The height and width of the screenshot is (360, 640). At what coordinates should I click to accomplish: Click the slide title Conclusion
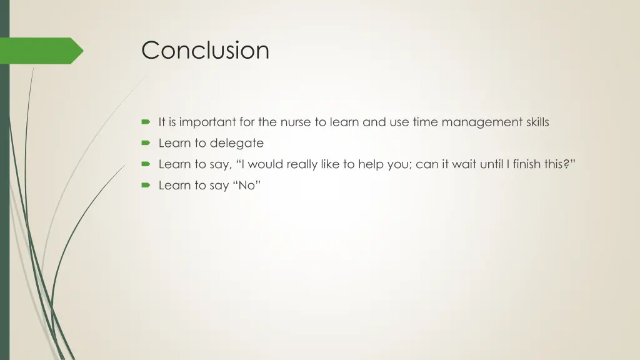[205, 50]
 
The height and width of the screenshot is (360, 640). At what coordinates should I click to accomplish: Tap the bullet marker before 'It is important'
[146, 122]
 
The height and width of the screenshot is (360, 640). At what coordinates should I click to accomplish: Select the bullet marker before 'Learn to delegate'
[146, 143]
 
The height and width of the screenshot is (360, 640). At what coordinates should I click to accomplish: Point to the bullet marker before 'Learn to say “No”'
[146, 186]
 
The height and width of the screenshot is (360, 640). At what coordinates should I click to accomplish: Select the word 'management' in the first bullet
[482, 122]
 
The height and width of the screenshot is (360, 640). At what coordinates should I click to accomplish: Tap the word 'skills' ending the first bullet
[537, 122]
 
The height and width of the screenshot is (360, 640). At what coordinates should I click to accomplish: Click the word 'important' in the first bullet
[204, 122]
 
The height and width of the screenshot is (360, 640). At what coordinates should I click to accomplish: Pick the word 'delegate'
[237, 144]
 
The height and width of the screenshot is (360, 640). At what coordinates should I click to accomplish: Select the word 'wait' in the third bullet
[451, 164]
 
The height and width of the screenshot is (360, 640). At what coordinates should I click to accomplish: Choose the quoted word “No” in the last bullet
[247, 186]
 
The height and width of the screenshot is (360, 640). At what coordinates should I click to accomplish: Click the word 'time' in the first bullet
[425, 122]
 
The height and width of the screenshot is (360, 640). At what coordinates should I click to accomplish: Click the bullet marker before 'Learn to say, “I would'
[146, 164]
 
